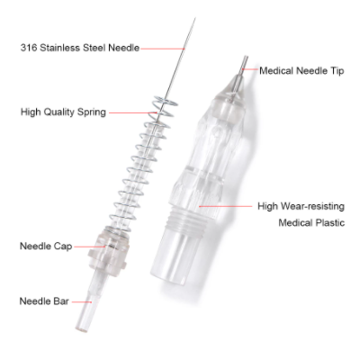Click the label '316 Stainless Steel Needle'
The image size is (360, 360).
pyautogui.click(x=78, y=48)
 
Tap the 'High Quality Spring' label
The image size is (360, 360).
pyautogui.click(x=63, y=112)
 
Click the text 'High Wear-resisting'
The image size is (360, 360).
pyautogui.click(x=299, y=205)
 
